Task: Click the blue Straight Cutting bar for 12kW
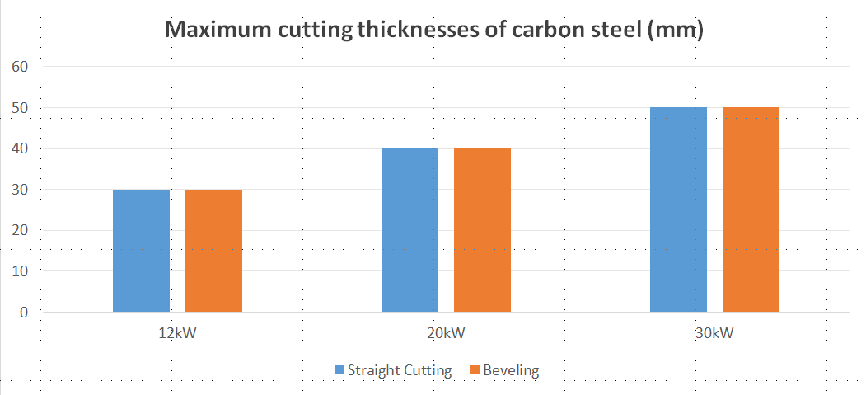141,251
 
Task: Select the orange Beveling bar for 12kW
213,251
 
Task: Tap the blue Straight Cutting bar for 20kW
410,230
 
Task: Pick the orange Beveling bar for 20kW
482,230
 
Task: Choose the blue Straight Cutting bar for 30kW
678,209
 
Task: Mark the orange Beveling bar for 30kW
751,209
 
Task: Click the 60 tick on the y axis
18,67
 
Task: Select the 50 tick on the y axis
18,108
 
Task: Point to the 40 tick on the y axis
18,149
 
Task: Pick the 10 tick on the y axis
18,271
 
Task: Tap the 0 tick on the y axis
22,313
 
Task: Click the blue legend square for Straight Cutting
339,370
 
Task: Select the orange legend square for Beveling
475,370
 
